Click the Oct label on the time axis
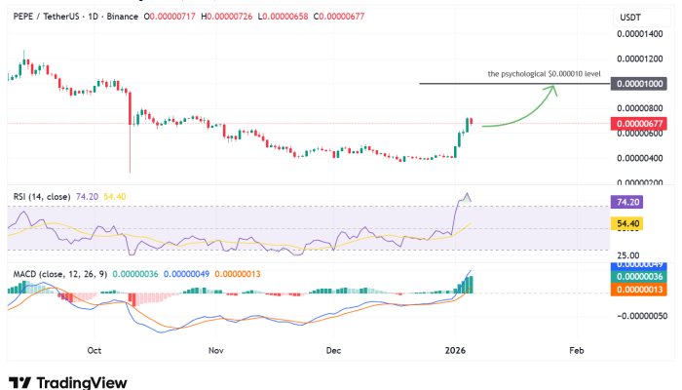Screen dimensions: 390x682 coord(95,348)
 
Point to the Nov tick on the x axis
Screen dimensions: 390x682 coord(216,348)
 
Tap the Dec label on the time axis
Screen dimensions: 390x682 coord(333,348)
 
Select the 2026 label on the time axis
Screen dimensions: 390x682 coord(455,348)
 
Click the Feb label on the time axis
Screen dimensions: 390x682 coord(576,348)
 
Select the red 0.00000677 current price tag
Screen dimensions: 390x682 coord(639,124)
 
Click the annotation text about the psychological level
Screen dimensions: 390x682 coord(544,74)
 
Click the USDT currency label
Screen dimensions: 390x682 coord(630,17)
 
